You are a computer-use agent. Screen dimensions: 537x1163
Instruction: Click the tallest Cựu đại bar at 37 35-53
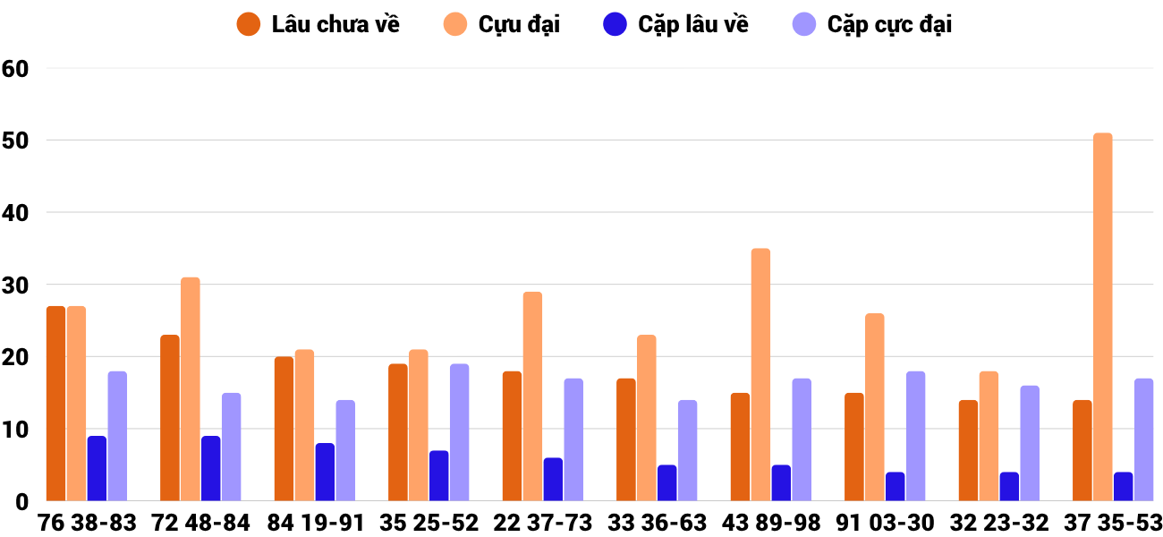(x=1102, y=318)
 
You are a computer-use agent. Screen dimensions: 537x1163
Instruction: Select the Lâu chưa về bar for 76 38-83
(x=55, y=404)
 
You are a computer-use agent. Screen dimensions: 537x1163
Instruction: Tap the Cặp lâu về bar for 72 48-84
(x=211, y=468)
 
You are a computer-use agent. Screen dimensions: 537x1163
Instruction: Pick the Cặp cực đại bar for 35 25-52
(x=459, y=432)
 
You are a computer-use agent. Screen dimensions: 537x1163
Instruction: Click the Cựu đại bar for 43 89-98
(x=760, y=375)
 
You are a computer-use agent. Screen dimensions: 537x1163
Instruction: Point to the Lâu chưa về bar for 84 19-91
(x=284, y=429)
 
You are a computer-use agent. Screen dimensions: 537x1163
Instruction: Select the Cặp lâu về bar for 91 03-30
(x=896, y=486)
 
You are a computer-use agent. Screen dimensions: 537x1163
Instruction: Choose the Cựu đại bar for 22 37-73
(x=532, y=396)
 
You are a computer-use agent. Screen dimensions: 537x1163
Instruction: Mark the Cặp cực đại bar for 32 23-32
(x=1030, y=443)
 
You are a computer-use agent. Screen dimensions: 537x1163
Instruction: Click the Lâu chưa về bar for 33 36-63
(x=626, y=439)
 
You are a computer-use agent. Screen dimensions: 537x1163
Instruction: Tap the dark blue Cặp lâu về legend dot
(x=615, y=24)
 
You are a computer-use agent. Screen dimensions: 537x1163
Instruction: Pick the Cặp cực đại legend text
(x=889, y=24)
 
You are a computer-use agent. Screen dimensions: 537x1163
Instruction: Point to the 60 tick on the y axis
(x=16, y=68)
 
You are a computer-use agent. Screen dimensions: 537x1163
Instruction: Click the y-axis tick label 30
(x=16, y=285)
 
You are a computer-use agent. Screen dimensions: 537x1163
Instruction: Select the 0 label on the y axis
(x=21, y=501)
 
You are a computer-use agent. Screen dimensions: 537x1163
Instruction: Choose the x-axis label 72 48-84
(x=200, y=523)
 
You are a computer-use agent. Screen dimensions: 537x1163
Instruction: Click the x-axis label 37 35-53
(x=1112, y=523)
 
